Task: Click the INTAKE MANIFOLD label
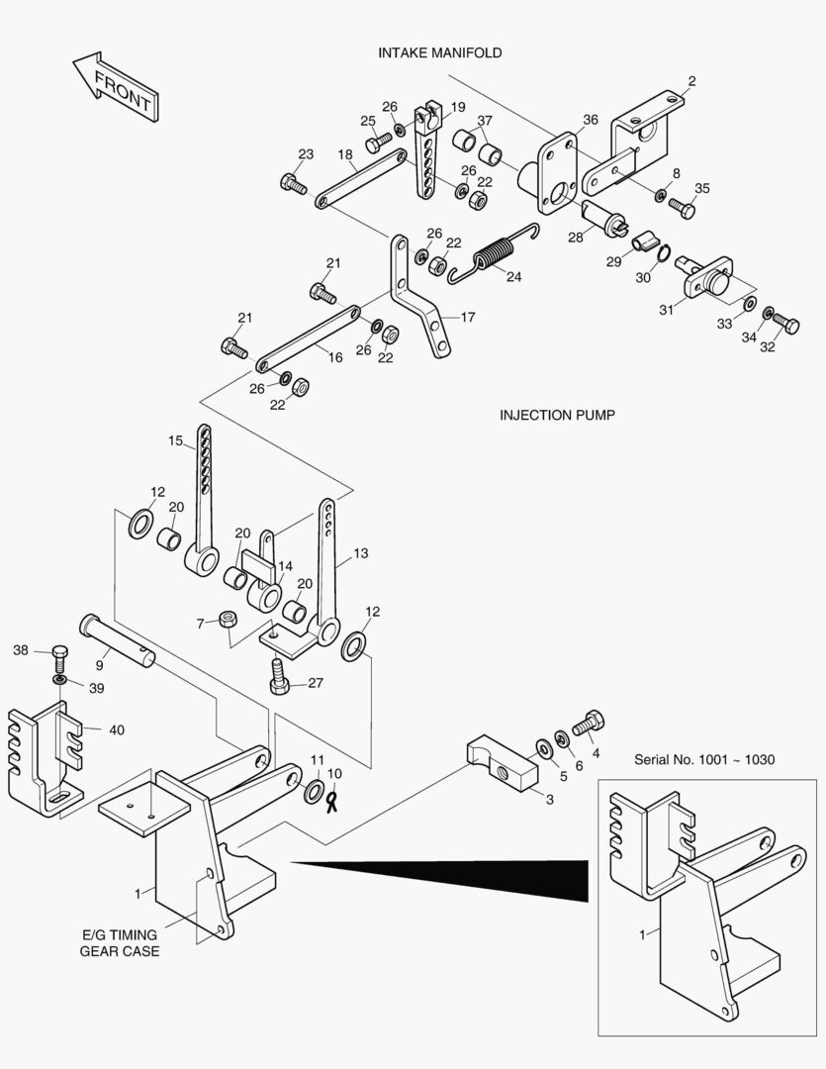click(439, 51)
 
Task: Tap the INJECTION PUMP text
click(557, 415)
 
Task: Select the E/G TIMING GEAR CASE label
click(120, 943)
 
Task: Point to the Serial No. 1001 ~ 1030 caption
click(704, 759)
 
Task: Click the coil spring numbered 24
click(491, 256)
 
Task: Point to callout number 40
click(117, 730)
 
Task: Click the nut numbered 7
click(229, 622)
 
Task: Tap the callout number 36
click(590, 120)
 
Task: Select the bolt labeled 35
click(682, 209)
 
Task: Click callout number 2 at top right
click(691, 81)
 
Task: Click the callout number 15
click(175, 441)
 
